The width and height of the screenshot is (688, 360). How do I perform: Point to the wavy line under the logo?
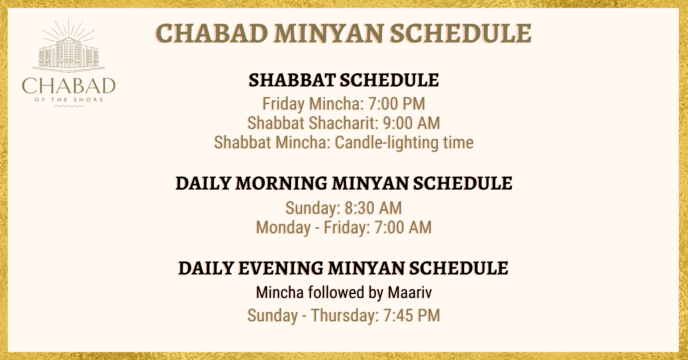tap(69, 106)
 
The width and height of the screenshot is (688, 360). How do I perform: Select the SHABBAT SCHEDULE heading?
tap(344, 80)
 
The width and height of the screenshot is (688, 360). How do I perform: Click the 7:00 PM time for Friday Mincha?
tap(396, 104)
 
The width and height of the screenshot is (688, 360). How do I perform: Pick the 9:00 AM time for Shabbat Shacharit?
tap(411, 123)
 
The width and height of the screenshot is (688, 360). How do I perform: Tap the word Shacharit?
tap(343, 123)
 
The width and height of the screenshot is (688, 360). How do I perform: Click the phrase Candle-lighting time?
tap(404, 143)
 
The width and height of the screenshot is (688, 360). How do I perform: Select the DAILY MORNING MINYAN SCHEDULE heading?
tap(344, 183)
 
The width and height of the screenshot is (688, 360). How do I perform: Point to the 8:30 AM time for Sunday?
tap(373, 208)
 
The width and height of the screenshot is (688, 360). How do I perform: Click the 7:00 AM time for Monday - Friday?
tap(403, 227)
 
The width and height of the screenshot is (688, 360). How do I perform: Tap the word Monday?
tap(283, 228)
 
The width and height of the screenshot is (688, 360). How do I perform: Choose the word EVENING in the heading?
tap(281, 268)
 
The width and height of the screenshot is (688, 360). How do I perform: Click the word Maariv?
tap(410, 293)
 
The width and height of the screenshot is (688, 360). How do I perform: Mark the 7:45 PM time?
tap(411, 316)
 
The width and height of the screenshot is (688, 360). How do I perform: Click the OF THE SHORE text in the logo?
tap(69, 100)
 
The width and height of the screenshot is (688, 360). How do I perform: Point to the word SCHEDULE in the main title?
tap(460, 33)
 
